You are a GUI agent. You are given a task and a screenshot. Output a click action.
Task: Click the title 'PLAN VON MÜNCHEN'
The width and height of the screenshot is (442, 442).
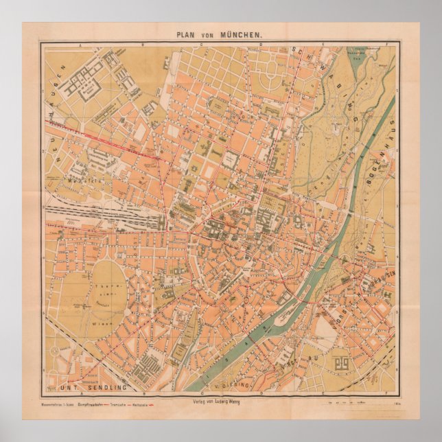[220, 33]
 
